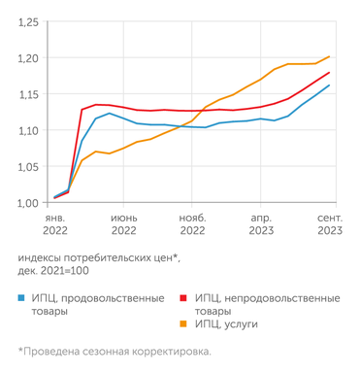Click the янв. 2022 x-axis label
(x=54, y=225)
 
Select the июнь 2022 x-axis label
(x=123, y=225)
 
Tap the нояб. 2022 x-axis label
(x=192, y=225)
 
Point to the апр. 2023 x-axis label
(x=261, y=225)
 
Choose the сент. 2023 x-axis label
(x=329, y=225)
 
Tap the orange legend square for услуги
(x=183, y=325)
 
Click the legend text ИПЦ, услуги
(x=231, y=325)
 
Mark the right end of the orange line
(x=330, y=56)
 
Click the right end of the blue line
(x=330, y=85)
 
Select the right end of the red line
(x=330, y=72)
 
